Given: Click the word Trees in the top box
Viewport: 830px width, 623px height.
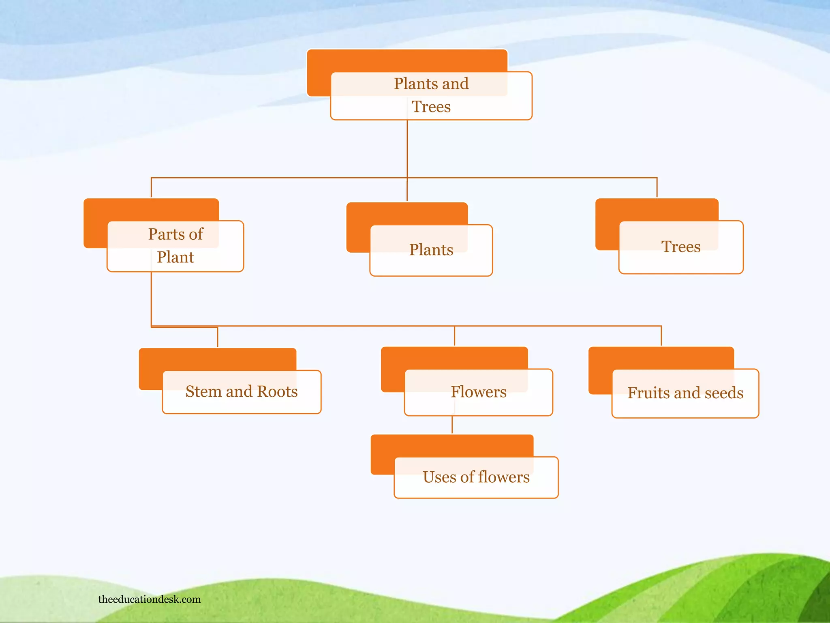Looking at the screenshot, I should [x=431, y=107].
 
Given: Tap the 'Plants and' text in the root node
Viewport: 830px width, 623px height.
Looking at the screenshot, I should [x=431, y=84].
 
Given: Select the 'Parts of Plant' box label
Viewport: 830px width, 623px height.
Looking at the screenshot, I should [x=175, y=245].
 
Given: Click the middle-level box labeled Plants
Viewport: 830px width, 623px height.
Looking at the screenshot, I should [x=431, y=250].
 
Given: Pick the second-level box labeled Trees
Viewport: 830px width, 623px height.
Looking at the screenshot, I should [x=680, y=247].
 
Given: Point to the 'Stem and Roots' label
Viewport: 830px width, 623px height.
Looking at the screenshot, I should [x=242, y=391].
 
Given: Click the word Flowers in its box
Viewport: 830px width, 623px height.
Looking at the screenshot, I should [x=478, y=392].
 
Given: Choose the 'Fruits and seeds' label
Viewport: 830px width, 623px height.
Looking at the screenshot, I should [x=685, y=393].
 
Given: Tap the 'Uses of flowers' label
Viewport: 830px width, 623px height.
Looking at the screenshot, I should [x=476, y=477].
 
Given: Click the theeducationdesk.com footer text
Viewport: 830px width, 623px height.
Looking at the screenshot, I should [x=149, y=599].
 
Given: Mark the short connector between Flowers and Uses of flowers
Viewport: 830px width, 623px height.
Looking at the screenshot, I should [x=452, y=425].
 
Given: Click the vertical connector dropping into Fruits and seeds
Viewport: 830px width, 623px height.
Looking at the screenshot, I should [x=661, y=336].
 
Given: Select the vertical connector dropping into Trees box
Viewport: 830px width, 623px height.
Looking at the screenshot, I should [x=657, y=187].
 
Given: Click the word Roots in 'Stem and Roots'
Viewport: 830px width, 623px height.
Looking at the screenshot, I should [x=277, y=391].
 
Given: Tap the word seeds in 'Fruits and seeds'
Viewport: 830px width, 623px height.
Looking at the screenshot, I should [x=724, y=393].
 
